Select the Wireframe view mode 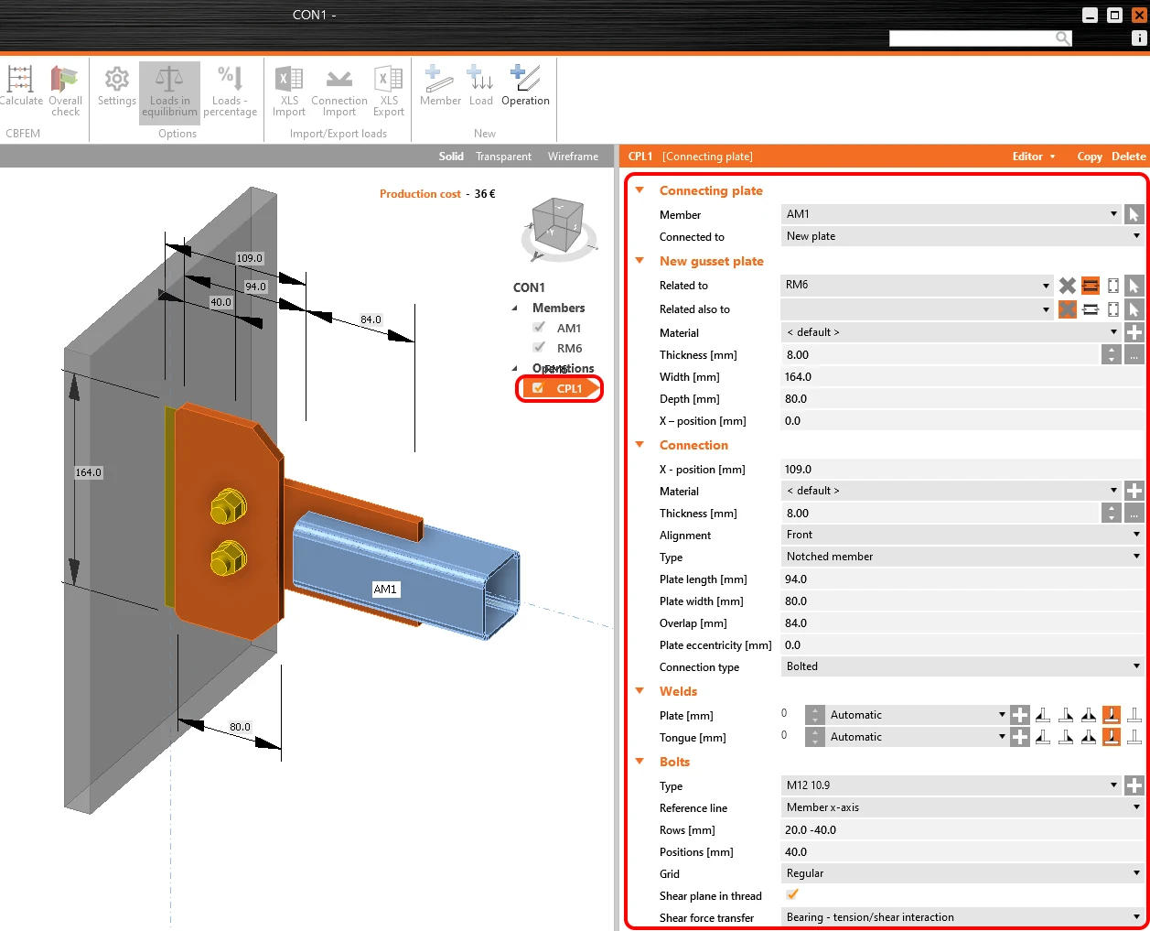[573, 157]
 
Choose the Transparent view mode [503, 157]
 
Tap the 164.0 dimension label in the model [88, 472]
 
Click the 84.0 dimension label [371, 319]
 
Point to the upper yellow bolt [229, 507]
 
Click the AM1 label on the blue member [385, 589]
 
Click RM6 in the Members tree [569, 348]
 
